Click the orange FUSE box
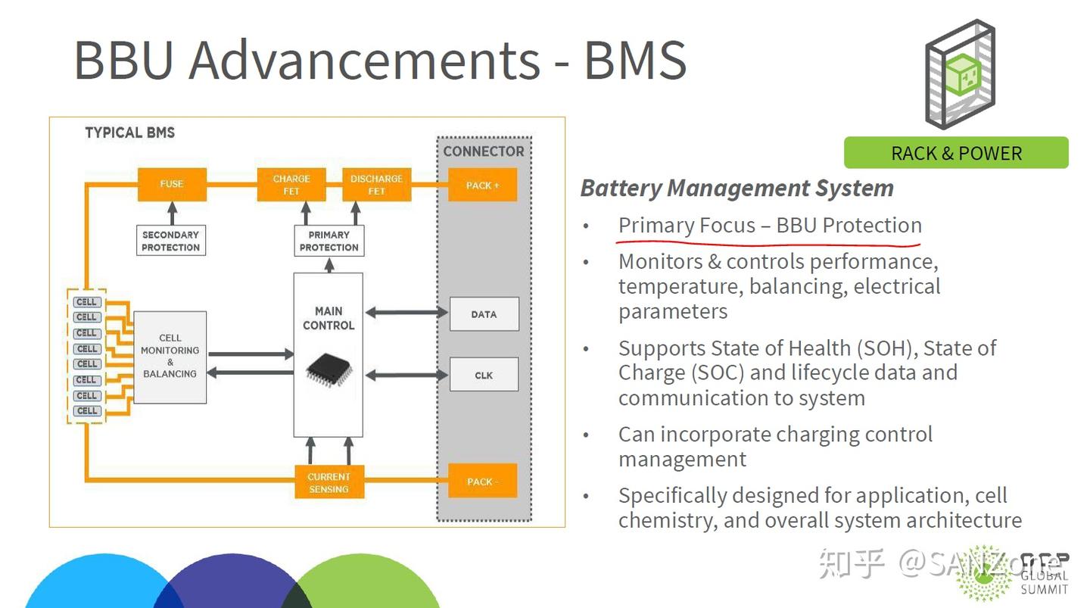(x=172, y=185)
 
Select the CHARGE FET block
(x=291, y=185)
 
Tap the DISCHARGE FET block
(x=377, y=185)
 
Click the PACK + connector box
(x=482, y=185)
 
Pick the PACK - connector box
(x=482, y=481)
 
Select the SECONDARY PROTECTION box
(x=171, y=241)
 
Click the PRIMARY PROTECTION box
(x=329, y=241)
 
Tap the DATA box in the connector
(x=484, y=314)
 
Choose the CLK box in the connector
(x=484, y=375)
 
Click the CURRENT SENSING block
(x=329, y=482)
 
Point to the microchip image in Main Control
(x=329, y=370)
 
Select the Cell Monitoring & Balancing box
(x=170, y=357)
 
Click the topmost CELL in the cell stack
(x=87, y=302)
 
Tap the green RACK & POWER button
(x=956, y=153)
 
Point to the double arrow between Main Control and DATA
(x=406, y=313)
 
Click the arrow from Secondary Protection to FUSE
(x=173, y=214)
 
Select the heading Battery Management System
(x=737, y=189)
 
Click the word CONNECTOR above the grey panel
(x=484, y=151)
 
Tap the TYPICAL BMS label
(x=130, y=133)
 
